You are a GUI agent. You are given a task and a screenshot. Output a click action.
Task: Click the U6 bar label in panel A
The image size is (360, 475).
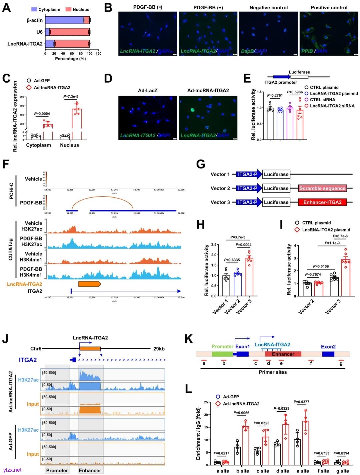(x=39, y=32)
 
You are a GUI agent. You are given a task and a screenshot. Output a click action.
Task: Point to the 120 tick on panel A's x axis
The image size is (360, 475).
(x=98, y=53)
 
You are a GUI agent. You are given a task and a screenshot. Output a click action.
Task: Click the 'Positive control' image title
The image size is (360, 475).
(x=329, y=7)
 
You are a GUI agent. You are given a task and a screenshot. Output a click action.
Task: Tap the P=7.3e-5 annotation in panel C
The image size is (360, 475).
(x=71, y=97)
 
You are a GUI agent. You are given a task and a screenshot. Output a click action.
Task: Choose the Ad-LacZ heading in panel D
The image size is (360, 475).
(x=147, y=90)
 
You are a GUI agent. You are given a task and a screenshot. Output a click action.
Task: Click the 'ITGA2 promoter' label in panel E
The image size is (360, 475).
(x=280, y=82)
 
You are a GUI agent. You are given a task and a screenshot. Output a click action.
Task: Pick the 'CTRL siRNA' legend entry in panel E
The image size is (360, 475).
(x=322, y=100)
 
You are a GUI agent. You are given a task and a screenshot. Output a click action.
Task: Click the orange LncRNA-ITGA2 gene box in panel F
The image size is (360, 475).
(x=89, y=284)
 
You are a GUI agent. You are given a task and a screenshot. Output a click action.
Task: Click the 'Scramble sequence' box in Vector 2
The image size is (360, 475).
(x=322, y=188)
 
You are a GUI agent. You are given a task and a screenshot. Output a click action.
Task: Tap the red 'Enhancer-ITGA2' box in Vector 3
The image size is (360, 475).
(x=322, y=202)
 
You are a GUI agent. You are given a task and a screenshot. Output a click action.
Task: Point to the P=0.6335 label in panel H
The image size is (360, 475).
(x=232, y=260)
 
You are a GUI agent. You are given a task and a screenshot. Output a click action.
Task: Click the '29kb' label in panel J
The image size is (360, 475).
(x=159, y=349)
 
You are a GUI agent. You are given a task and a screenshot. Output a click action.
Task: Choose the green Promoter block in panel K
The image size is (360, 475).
(x=222, y=354)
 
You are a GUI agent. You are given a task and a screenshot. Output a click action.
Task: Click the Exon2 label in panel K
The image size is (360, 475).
(x=328, y=347)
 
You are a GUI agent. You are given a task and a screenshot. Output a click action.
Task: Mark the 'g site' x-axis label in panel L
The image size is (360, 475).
(x=342, y=471)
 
